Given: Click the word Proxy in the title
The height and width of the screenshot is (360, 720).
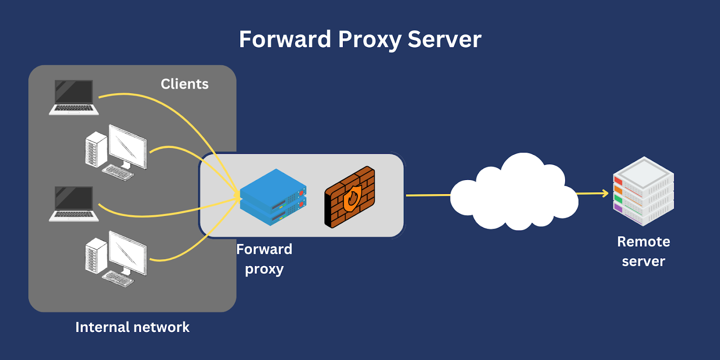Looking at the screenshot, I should coord(369,40).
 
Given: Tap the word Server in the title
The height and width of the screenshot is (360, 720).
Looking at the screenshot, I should coord(444,40).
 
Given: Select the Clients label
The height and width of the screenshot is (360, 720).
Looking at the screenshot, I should coord(184,84).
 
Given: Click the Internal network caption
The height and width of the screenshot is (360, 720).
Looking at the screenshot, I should coord(132,327).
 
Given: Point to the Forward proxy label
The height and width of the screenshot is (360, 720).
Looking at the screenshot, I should coord(264,259).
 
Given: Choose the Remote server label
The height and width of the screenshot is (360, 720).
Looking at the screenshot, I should coord(643,251).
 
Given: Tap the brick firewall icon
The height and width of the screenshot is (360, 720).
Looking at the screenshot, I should coord(350,197).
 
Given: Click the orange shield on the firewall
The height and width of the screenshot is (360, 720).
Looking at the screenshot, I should coord(352,198).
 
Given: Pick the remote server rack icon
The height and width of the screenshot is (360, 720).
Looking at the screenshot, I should coord(643,191).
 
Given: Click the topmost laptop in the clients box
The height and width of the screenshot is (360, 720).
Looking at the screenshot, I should coord(74,97).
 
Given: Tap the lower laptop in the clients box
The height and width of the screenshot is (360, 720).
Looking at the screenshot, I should coord(74,203).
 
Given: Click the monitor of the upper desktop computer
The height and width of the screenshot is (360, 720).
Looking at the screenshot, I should coord(128,146).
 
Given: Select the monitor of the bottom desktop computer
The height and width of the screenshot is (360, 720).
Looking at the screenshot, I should coord(128,252).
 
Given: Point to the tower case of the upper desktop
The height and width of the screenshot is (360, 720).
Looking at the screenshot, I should coord(95,149).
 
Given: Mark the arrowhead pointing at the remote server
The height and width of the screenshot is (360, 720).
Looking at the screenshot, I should coord(605,193).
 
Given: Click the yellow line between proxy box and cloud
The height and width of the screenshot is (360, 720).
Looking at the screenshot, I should coord(427,195).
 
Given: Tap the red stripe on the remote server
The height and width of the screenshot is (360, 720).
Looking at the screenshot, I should coord(618,181).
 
